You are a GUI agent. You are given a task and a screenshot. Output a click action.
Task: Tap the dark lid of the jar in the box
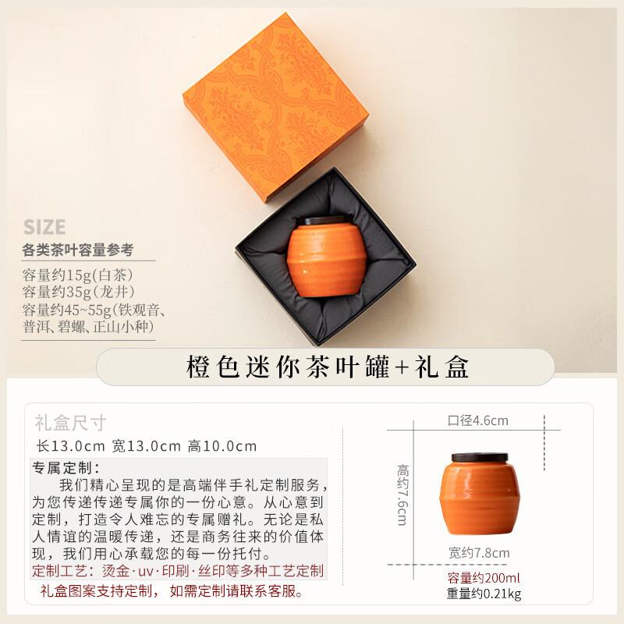[x=326, y=222]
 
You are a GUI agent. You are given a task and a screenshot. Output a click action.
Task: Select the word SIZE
[x=44, y=227]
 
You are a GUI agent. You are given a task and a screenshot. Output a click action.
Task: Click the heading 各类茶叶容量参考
[x=78, y=250]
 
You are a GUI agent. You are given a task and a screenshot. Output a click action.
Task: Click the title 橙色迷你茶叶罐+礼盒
[x=328, y=367]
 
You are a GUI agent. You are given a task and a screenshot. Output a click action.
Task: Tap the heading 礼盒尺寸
[x=70, y=423]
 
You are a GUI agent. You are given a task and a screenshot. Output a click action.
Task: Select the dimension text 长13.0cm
[x=71, y=446]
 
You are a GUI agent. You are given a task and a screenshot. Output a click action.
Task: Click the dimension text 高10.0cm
[x=222, y=446]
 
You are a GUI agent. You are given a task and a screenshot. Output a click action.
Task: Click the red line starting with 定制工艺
[x=179, y=571]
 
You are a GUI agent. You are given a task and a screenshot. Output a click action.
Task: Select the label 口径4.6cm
[x=477, y=421]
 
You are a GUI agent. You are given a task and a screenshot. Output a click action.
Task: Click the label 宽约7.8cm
[x=479, y=553]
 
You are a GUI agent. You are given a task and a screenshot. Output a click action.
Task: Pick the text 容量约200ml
[x=483, y=578]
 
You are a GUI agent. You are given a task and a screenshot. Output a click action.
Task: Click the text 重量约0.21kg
[x=484, y=594]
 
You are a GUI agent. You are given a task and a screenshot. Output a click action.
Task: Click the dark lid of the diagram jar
[x=479, y=458]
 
